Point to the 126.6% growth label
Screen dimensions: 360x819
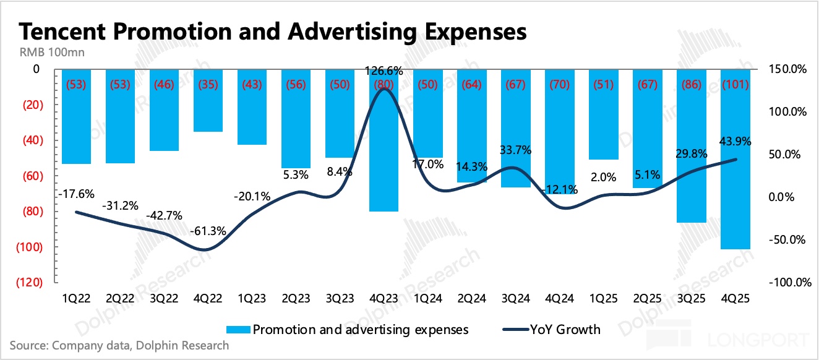pos(384,71)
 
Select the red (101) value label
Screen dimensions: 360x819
pos(735,85)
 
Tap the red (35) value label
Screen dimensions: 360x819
pos(208,85)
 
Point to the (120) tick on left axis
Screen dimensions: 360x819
pos(27,283)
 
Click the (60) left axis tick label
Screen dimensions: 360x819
pos(29,176)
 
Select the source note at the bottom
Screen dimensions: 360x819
pos(119,345)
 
